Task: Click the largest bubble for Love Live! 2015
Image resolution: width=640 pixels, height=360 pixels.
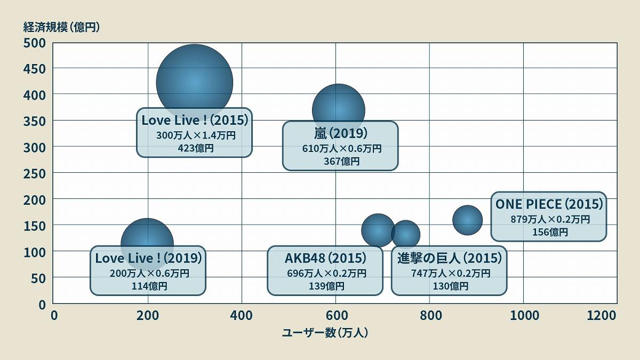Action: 194,80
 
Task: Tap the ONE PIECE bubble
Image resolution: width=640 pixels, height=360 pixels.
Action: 467,220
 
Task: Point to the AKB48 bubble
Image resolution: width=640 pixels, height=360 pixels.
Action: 378,229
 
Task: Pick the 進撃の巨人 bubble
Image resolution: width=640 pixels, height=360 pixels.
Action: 406,234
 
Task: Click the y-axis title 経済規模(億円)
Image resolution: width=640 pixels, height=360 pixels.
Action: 61,27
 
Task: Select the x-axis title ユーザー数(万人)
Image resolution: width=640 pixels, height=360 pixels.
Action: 325,333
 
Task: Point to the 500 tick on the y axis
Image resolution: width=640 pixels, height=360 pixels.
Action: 34,43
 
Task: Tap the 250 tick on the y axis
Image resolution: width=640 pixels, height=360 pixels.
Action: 34,173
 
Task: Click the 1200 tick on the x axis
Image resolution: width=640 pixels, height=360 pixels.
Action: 601,316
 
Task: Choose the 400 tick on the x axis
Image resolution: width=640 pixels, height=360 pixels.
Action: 242,316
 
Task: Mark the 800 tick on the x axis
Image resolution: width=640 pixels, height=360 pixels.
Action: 430,316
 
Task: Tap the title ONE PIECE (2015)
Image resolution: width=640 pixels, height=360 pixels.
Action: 549,204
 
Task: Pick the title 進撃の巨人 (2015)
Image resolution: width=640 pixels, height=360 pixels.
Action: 450,259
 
